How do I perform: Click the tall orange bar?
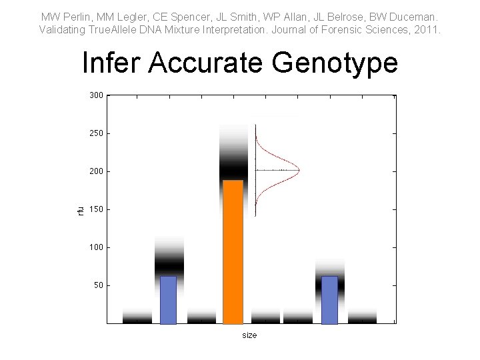(x=233, y=252)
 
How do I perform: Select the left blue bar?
(x=168, y=300)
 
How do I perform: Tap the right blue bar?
(x=329, y=300)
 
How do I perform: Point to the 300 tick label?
(x=96, y=95)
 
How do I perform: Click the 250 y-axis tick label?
(x=96, y=133)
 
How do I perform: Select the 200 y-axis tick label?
(x=96, y=171)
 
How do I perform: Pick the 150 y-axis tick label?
(x=96, y=209)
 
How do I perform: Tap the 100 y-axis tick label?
(x=96, y=247)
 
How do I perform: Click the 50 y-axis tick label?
(x=98, y=285)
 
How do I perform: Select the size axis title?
(x=249, y=335)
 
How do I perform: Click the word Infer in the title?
(x=112, y=63)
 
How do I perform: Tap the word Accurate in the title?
(x=205, y=63)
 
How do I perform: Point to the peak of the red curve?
(x=299, y=171)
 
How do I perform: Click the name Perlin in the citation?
(x=74, y=16)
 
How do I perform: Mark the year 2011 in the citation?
(x=428, y=30)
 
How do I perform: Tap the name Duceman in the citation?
(x=415, y=16)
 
